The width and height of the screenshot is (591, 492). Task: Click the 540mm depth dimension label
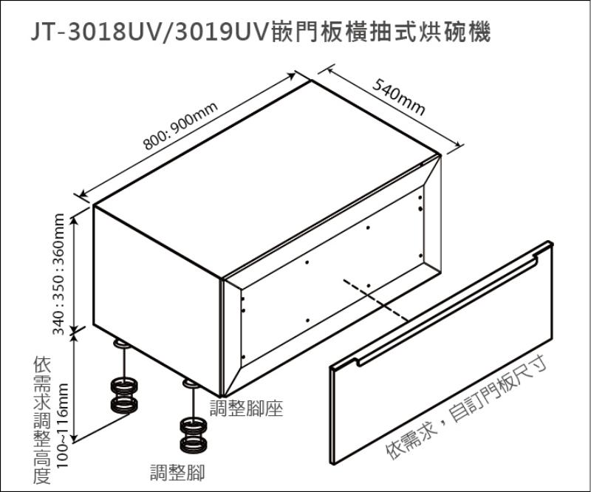[399, 97]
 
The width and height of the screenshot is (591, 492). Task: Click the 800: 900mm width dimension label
[180, 126]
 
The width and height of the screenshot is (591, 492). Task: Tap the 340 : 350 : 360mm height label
[59, 274]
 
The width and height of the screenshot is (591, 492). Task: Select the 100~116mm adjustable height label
[62, 426]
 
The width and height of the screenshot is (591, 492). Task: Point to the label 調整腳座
[246, 409]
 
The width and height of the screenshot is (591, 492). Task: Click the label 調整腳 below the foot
[177, 473]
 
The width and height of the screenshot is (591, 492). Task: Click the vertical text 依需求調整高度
[42, 420]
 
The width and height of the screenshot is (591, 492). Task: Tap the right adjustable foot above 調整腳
[194, 435]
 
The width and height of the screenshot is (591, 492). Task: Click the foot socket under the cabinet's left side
[122, 344]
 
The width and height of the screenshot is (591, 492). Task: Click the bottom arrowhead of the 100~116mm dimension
[75, 438]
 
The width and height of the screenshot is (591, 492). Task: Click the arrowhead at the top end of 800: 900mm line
[291, 75]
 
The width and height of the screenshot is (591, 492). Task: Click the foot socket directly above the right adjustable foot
[191, 383]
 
